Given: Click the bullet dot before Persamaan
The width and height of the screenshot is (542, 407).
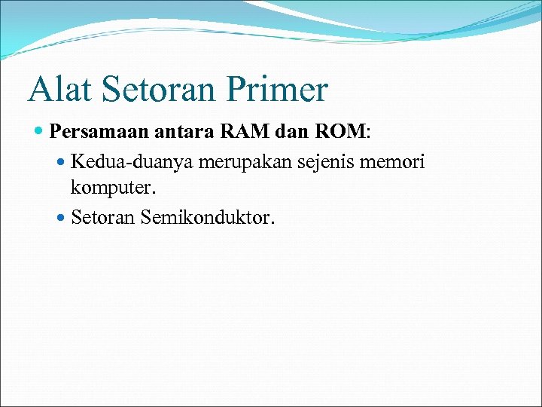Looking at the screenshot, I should [x=39, y=133].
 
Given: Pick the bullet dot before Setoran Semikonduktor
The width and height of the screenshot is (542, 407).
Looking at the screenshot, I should [x=62, y=219].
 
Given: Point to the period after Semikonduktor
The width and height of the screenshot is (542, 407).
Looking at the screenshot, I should [x=273, y=223].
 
